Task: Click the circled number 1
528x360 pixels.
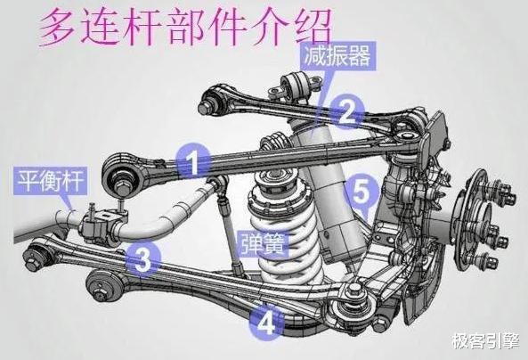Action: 194,160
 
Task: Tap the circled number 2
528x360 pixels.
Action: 347,112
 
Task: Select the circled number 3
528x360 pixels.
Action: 142,258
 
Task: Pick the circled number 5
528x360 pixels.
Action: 361,192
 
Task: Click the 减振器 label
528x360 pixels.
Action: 337,55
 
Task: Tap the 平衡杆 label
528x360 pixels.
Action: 51,181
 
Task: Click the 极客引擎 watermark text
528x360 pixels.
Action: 485,341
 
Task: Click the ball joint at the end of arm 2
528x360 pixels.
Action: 213,99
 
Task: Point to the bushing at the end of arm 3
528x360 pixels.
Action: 37,257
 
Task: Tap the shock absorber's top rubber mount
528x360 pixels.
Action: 296,86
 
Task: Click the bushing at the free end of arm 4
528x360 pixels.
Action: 102,286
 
